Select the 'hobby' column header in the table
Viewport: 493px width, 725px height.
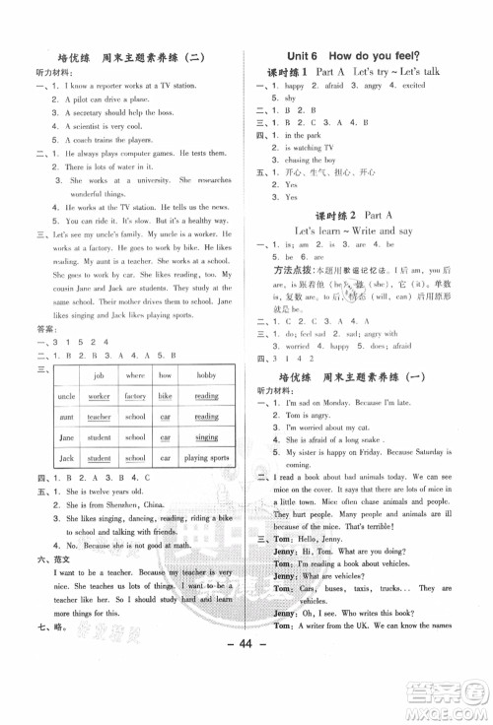click(x=206, y=375)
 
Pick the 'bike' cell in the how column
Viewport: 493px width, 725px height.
click(x=165, y=395)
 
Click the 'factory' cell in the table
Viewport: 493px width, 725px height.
click(x=135, y=395)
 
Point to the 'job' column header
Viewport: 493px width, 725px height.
click(x=99, y=375)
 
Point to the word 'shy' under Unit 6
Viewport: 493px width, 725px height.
click(x=289, y=99)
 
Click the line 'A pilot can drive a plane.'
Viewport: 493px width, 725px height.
click(x=107, y=99)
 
